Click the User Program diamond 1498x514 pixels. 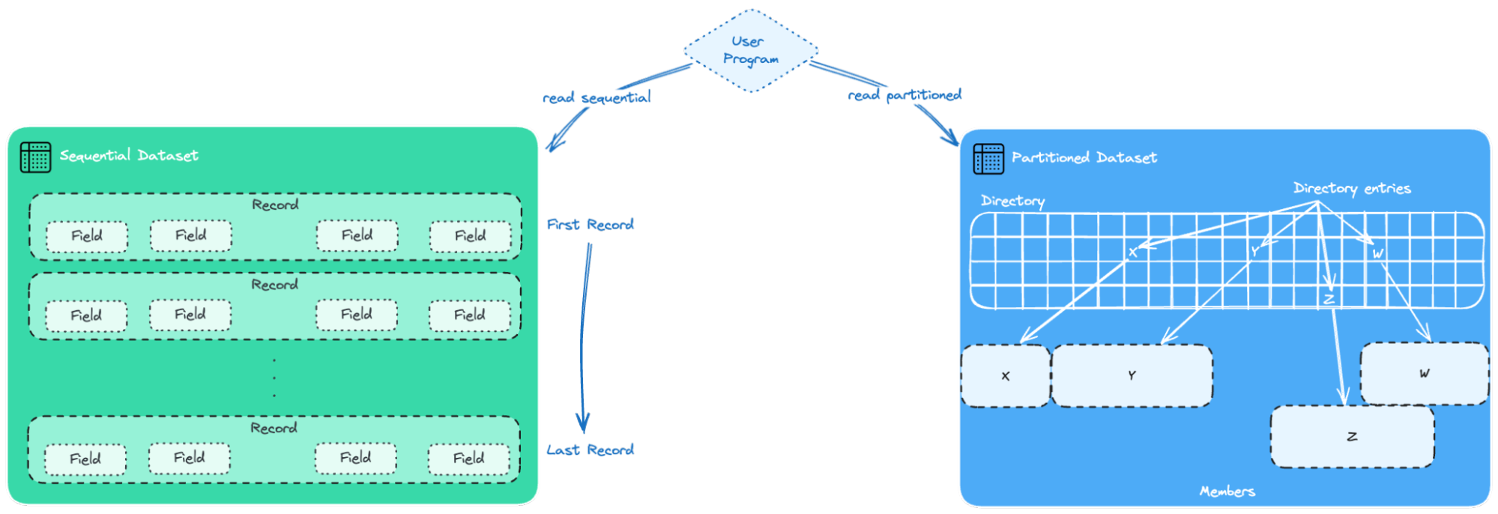pos(750,50)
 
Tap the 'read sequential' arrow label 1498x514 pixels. pos(596,97)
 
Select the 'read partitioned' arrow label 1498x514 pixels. pos(904,95)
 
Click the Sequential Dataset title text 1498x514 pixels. pos(129,155)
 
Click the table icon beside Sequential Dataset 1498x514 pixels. pos(35,157)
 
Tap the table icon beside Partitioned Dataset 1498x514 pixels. pos(988,159)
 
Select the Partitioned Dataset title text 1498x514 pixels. pos(1084,157)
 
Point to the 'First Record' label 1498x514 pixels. pos(590,224)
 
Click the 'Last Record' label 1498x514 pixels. pos(590,450)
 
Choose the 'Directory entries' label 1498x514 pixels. pos(1351,188)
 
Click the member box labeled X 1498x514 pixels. pos(1005,376)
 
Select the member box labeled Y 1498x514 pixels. pos(1132,375)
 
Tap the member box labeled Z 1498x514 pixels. pos(1352,436)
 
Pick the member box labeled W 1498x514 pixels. pos(1424,373)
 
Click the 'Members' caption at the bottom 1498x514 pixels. pos(1227,492)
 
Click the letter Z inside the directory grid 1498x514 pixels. pos(1329,299)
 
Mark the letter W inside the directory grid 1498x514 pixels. pos(1377,254)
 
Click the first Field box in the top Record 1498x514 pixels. pos(87,236)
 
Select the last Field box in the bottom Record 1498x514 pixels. pos(469,459)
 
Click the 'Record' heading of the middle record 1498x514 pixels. pos(274,285)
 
